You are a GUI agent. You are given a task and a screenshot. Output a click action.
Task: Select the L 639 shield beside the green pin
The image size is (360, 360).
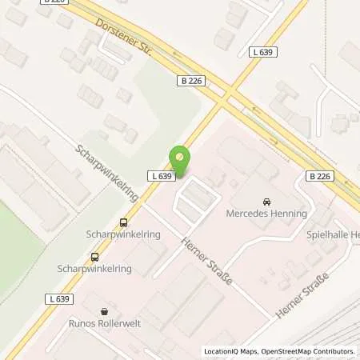[158, 176]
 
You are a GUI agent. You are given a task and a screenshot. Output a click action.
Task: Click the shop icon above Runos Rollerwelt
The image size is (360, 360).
[103, 313]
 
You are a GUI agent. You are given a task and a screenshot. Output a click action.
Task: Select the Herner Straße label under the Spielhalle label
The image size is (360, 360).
[302, 294]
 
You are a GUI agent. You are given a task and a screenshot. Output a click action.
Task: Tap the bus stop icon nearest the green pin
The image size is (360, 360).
[123, 222]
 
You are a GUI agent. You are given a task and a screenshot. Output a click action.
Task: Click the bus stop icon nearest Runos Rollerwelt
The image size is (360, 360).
[95, 257]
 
